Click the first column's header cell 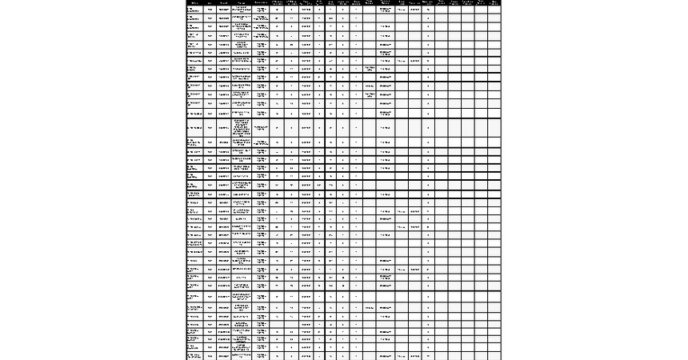tap(194, 2)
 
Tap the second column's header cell tap(210, 2)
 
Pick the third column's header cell tap(223, 2)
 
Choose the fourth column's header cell tap(242, 2)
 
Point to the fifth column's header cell tap(262, 2)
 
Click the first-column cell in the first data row tap(194, 10)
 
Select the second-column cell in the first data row tap(210, 10)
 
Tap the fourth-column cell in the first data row tap(242, 10)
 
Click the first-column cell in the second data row tap(194, 18)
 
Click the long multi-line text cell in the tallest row tap(242, 127)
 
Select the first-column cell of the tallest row tap(194, 127)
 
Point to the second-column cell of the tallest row tap(210, 127)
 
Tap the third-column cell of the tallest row tap(223, 127)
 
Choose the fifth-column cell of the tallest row tap(262, 127)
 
